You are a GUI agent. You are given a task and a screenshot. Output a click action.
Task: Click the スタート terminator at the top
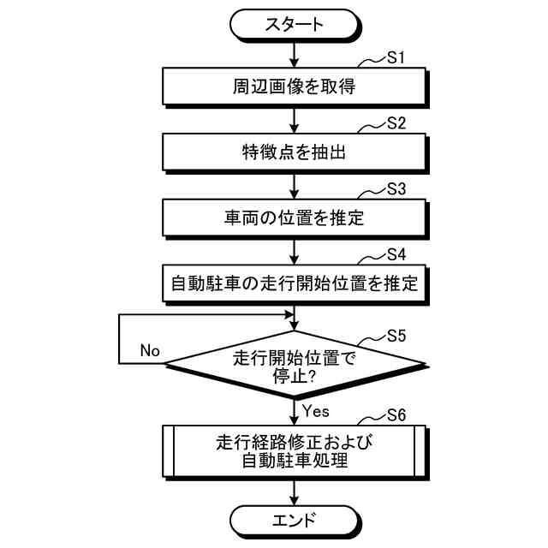point(294,23)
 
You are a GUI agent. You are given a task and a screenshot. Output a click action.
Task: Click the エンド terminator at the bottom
point(294,518)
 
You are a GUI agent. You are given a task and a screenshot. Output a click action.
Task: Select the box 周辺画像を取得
point(294,86)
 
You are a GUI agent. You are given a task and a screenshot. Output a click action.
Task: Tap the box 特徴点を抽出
point(294,152)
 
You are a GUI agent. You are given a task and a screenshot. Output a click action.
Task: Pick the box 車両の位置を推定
point(294,218)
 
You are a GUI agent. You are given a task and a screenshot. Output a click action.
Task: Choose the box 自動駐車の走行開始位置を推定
point(294,283)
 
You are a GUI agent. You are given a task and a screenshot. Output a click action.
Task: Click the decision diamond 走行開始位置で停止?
point(294,366)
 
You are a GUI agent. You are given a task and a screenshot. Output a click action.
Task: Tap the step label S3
point(395,189)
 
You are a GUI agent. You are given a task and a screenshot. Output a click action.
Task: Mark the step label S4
point(395,254)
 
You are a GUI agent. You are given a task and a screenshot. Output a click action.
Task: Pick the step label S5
point(395,334)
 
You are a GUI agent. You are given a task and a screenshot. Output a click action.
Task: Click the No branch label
point(150,350)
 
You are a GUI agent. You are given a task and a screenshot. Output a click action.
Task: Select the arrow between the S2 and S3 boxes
point(294,185)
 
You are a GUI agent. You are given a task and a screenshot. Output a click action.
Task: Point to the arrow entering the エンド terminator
point(294,491)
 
